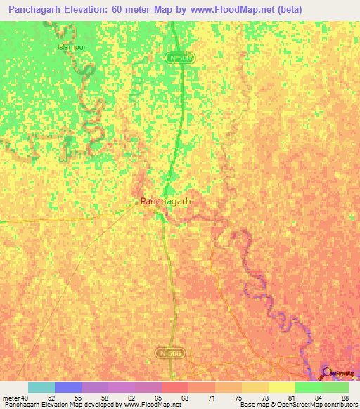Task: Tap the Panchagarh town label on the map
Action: coord(166,201)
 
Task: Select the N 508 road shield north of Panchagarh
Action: coord(180,58)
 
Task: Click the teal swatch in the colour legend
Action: coord(41,387)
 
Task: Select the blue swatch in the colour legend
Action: coord(67,387)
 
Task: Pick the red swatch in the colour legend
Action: coord(174,387)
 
